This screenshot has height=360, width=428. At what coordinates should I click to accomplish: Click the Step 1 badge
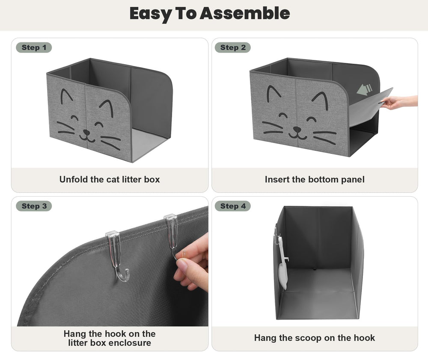[34, 47]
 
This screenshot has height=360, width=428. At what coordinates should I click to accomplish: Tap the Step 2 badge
[232, 47]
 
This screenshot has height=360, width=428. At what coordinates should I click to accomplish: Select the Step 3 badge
[34, 206]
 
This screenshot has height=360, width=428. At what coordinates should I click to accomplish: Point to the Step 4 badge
[232, 206]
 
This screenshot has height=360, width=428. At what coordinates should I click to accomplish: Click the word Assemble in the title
[244, 13]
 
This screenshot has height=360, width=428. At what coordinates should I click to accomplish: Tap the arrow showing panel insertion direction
[364, 89]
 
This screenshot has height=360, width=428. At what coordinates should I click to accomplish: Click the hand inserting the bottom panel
[398, 102]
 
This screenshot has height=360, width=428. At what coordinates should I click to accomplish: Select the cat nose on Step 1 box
[86, 133]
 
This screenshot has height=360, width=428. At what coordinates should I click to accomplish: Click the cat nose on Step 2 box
[297, 129]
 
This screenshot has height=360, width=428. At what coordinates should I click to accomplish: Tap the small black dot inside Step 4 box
[314, 269]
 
